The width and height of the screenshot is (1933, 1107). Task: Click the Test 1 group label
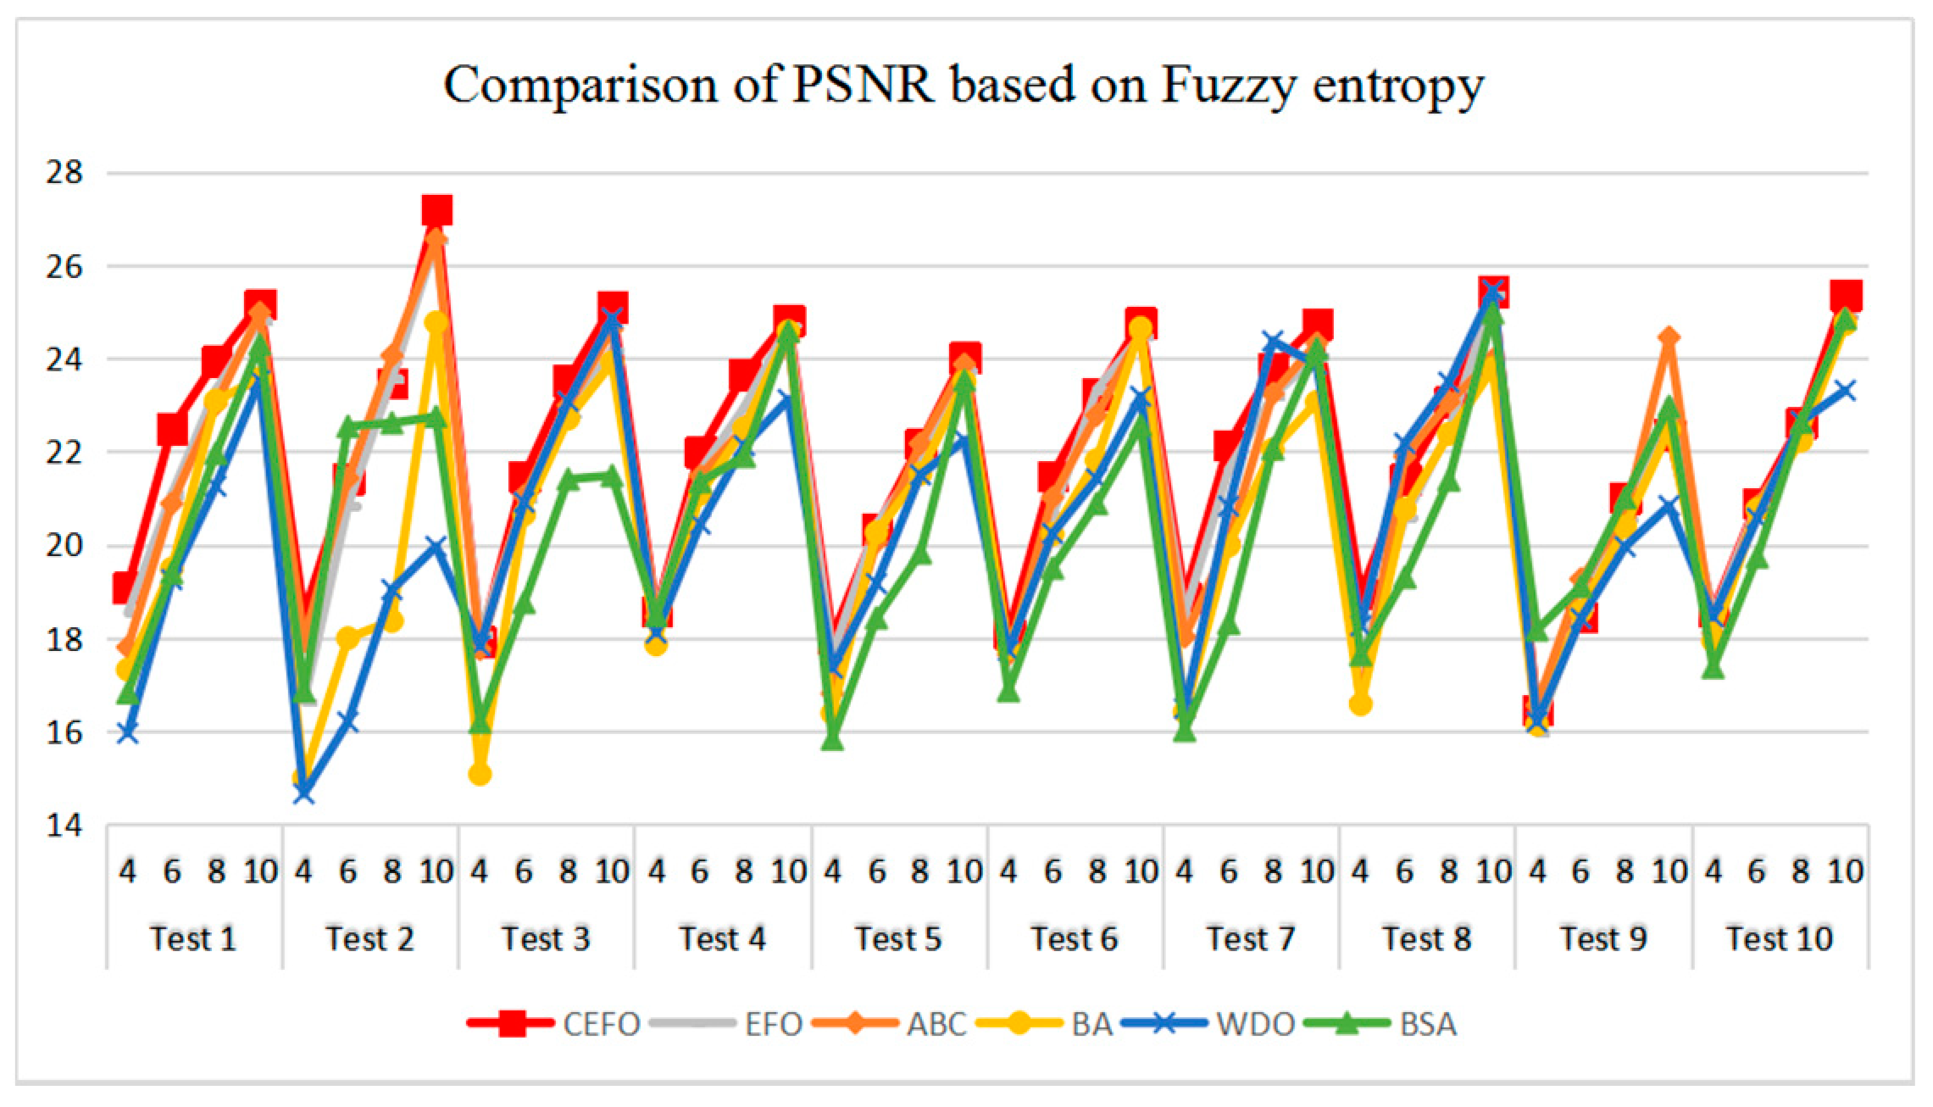pos(192,938)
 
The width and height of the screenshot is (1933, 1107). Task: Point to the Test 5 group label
pos(897,938)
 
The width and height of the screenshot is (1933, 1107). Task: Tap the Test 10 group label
pos(1780,938)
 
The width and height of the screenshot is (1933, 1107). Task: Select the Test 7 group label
pos(1250,938)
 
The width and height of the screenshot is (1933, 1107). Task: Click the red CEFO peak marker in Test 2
pos(436,209)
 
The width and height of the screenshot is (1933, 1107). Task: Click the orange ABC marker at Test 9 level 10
pos(1669,337)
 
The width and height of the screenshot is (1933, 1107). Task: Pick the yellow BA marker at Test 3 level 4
pos(480,773)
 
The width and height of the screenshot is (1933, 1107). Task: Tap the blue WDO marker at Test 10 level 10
pos(1845,391)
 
